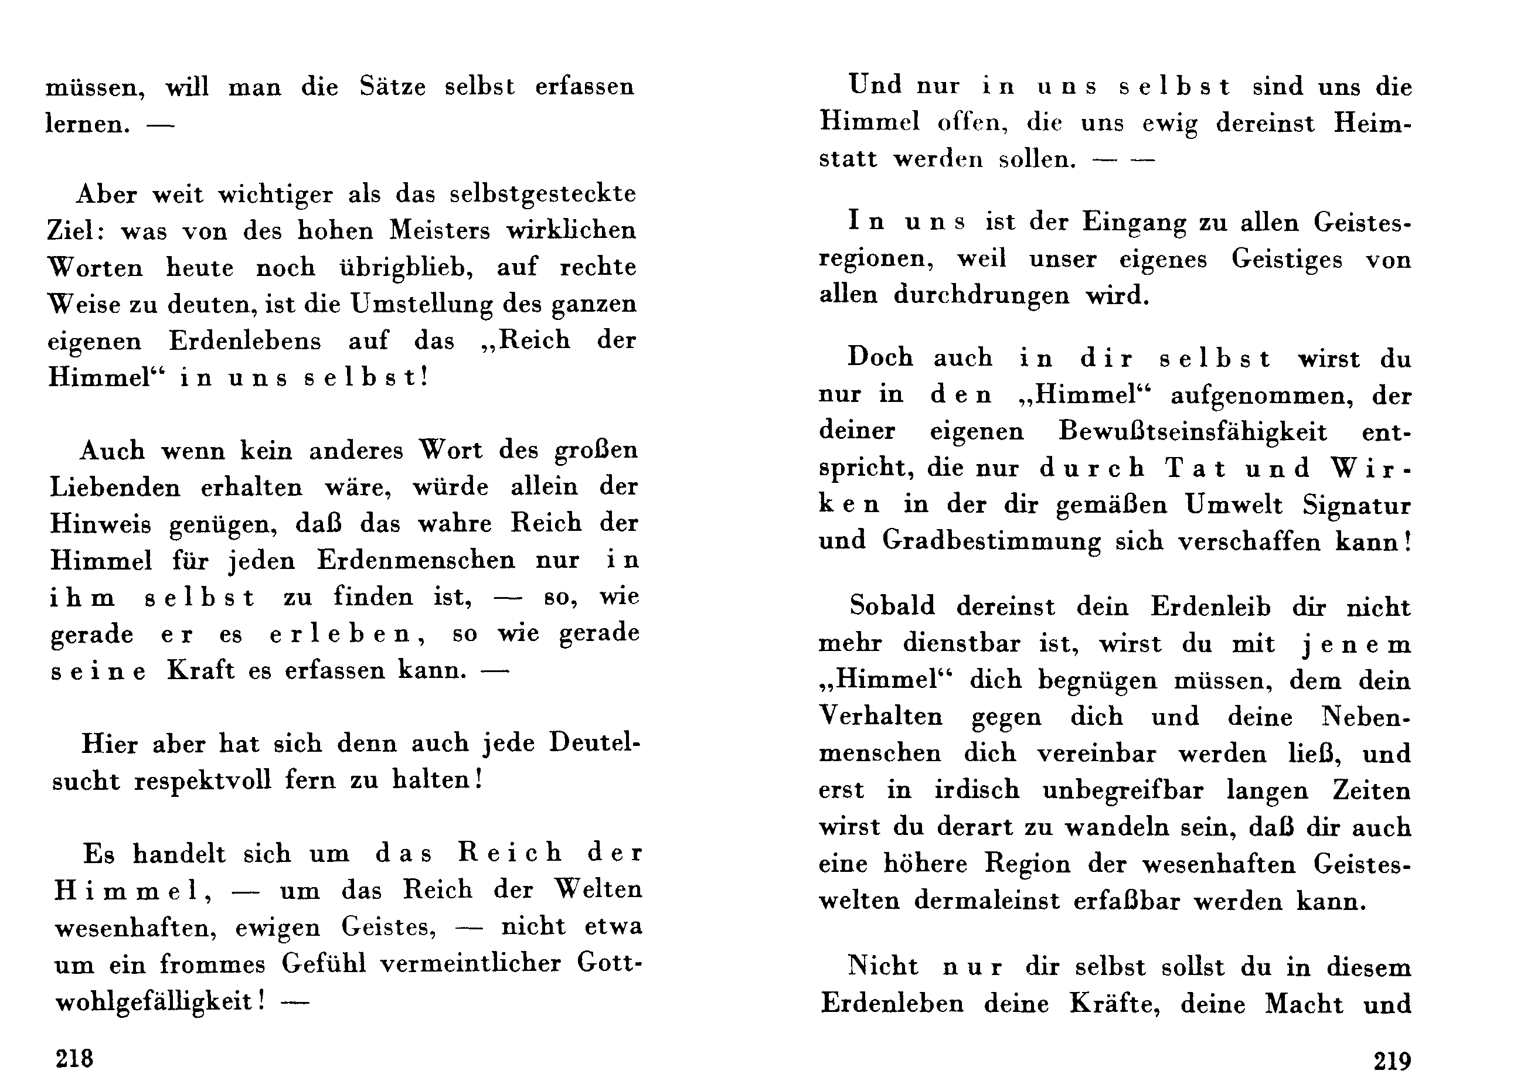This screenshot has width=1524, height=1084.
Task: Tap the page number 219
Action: click(1392, 1060)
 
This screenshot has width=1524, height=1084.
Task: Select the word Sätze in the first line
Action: click(393, 87)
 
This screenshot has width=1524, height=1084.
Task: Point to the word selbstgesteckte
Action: click(543, 194)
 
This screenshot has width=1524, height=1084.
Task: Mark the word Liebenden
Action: click(115, 488)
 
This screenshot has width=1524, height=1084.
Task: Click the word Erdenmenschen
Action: click(416, 560)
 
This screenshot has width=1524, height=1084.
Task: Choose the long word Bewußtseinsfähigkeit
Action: click(1193, 432)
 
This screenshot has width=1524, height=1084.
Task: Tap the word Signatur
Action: click(1356, 505)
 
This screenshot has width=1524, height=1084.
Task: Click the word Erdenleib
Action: click(1210, 606)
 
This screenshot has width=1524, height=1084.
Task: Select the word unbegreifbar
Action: click(1123, 790)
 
